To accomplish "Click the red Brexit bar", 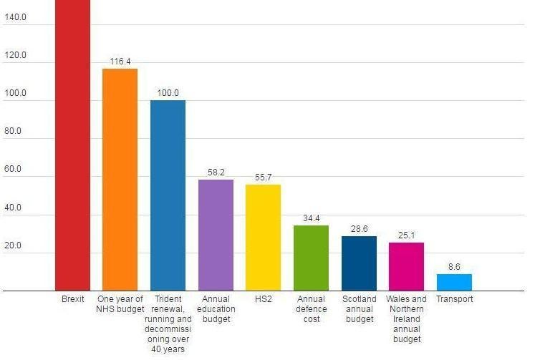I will point(72,143).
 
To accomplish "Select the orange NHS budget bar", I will point(120,179).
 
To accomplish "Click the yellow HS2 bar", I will point(263,237).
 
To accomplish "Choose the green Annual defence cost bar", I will point(311,258).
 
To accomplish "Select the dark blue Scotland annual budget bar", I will point(359,263).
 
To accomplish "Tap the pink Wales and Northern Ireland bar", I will point(406,266).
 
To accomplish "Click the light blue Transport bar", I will point(454,282).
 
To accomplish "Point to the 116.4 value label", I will point(120,62).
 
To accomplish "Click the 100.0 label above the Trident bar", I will point(168,93).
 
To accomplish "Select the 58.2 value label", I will point(216,172).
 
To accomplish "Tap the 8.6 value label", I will point(454,266).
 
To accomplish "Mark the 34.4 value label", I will point(311,218).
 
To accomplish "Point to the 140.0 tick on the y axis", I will point(15,17).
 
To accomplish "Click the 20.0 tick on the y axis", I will point(15,246).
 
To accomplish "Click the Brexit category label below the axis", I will point(72,299).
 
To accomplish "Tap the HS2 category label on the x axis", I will point(263,299).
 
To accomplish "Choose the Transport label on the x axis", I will point(454,299).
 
